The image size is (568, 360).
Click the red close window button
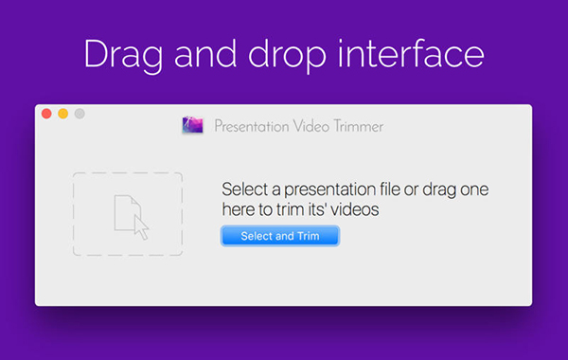(46, 114)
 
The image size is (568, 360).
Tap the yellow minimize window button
(62, 114)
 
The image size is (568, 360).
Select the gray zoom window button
(80, 114)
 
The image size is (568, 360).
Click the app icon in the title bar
(192, 125)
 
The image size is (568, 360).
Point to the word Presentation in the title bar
(250, 126)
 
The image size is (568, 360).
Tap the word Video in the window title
(308, 126)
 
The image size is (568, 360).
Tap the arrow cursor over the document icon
(140, 226)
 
